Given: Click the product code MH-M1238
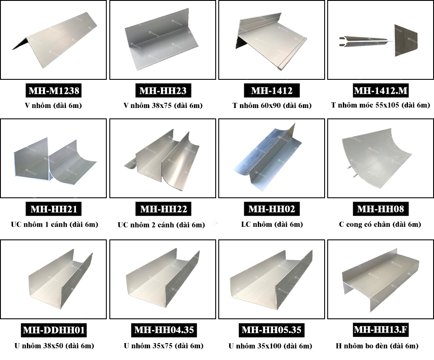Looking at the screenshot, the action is tap(54, 91).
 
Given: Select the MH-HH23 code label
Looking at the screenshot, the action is tap(163, 91).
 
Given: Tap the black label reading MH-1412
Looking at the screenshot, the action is tap(272, 91).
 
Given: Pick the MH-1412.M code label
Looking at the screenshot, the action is tap(381, 91).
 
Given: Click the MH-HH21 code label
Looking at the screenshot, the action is tap(54, 209).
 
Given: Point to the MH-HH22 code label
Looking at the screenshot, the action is tap(164, 209).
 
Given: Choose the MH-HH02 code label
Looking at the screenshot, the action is tap(272, 209).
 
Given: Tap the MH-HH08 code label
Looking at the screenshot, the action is tap(381, 209).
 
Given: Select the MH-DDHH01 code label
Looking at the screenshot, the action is tap(54, 330).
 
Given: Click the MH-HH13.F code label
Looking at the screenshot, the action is tap(381, 330).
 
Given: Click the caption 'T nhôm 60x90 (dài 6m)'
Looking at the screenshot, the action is tap(272, 105).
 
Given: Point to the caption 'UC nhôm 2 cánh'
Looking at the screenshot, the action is tap(146, 225).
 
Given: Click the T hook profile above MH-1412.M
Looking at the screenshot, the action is tap(378, 40).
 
